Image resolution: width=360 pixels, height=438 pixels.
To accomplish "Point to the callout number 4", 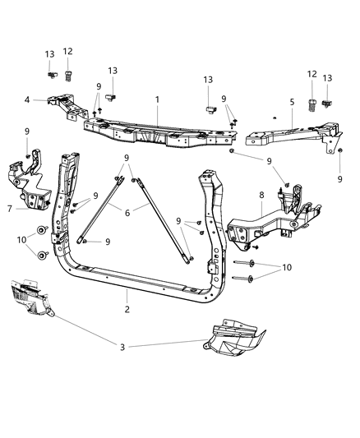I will (27, 101).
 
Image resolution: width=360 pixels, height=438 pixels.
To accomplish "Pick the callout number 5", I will (291, 103).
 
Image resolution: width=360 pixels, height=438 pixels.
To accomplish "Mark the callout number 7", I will (9, 209).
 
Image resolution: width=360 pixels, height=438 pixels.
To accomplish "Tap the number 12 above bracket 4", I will (67, 52).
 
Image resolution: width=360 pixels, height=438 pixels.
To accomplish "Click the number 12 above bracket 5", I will (311, 75).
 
